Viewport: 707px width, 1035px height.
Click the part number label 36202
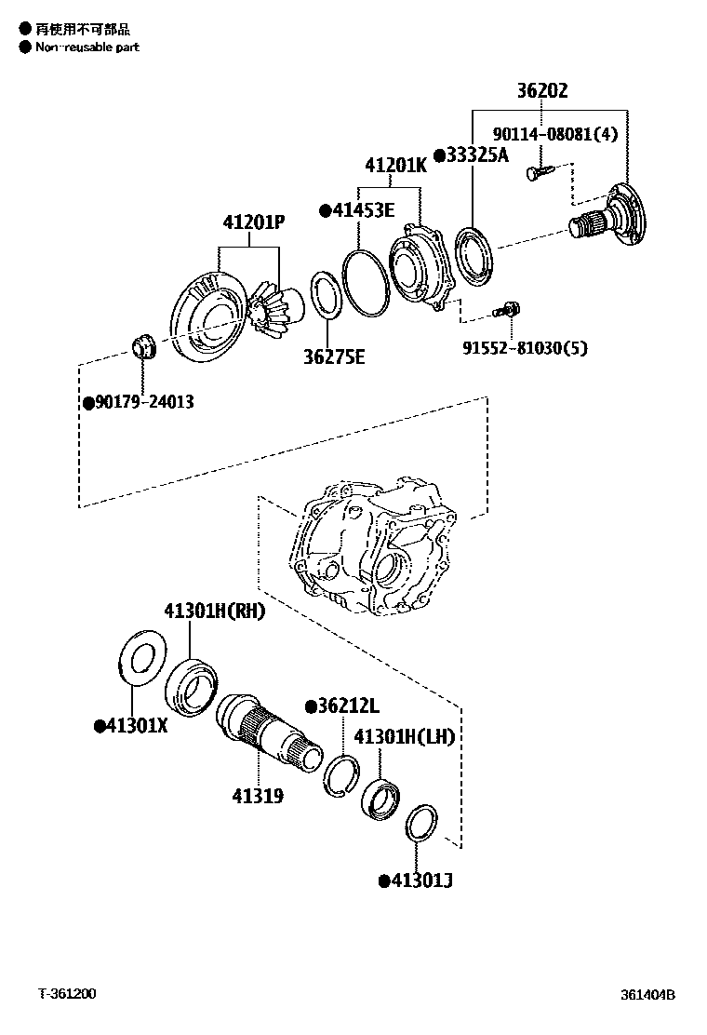[x=555, y=91]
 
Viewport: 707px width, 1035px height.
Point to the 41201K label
[x=395, y=166]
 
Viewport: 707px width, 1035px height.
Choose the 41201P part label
[x=253, y=222]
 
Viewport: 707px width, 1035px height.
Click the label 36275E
[x=333, y=356]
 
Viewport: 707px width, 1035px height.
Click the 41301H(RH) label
[x=215, y=612]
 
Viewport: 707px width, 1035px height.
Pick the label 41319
[x=258, y=796]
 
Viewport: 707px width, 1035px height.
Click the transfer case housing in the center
[x=372, y=549]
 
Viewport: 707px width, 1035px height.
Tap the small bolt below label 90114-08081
[x=538, y=172]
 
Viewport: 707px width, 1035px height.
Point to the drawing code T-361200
[x=66, y=994]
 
